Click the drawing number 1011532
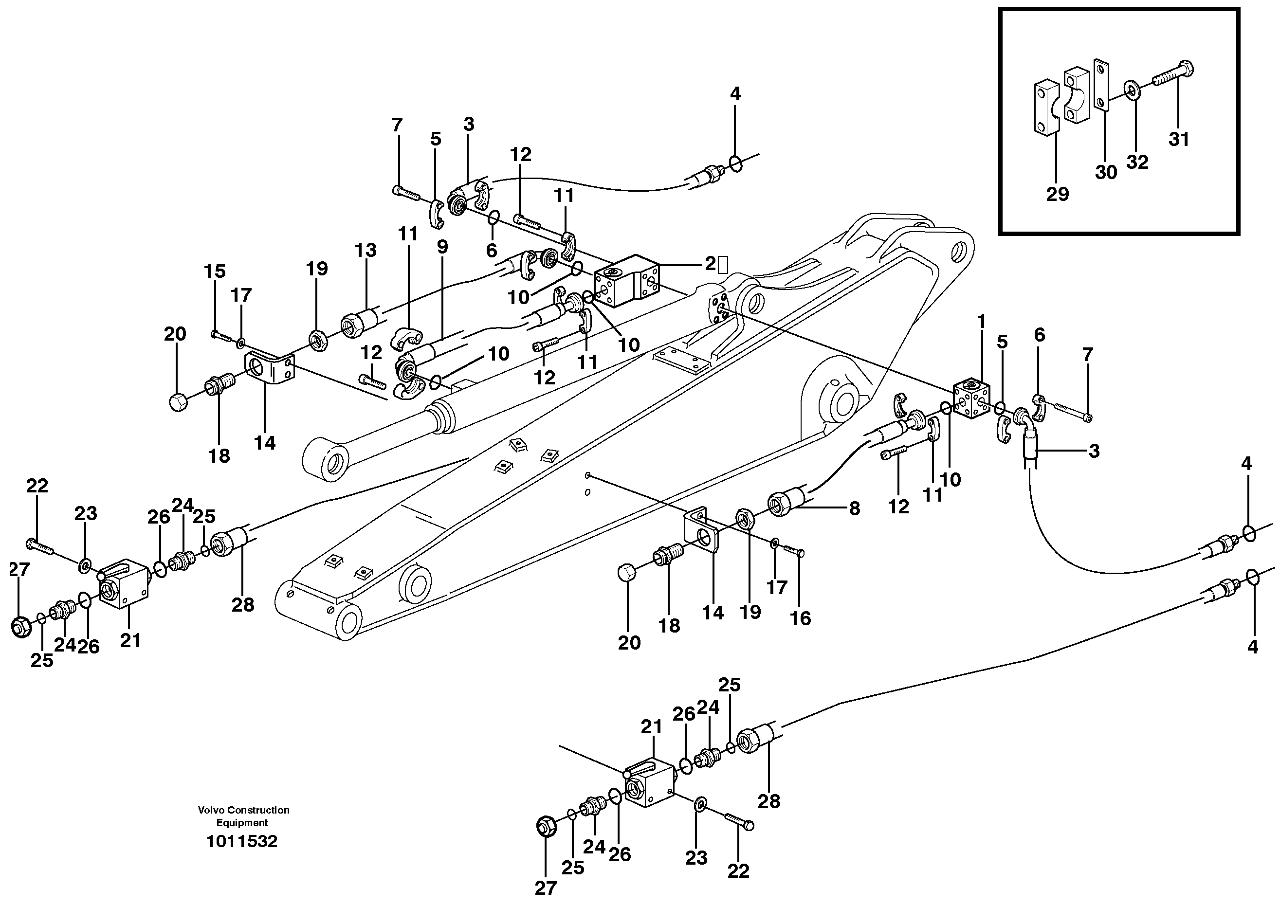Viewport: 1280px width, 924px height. (241, 842)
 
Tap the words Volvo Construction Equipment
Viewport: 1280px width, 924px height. (243, 816)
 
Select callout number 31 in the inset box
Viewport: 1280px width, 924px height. (1179, 139)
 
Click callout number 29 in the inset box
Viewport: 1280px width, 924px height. (1057, 194)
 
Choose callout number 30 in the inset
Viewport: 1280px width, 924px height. (1106, 172)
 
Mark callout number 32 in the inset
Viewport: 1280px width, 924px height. (1137, 162)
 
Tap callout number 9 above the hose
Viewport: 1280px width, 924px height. (442, 247)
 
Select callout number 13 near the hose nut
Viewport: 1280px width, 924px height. (365, 251)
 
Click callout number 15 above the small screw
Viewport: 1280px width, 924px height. (215, 272)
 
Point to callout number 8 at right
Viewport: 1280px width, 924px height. (855, 508)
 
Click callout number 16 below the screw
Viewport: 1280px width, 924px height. (800, 618)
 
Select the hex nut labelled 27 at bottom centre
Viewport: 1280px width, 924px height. (546, 828)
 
